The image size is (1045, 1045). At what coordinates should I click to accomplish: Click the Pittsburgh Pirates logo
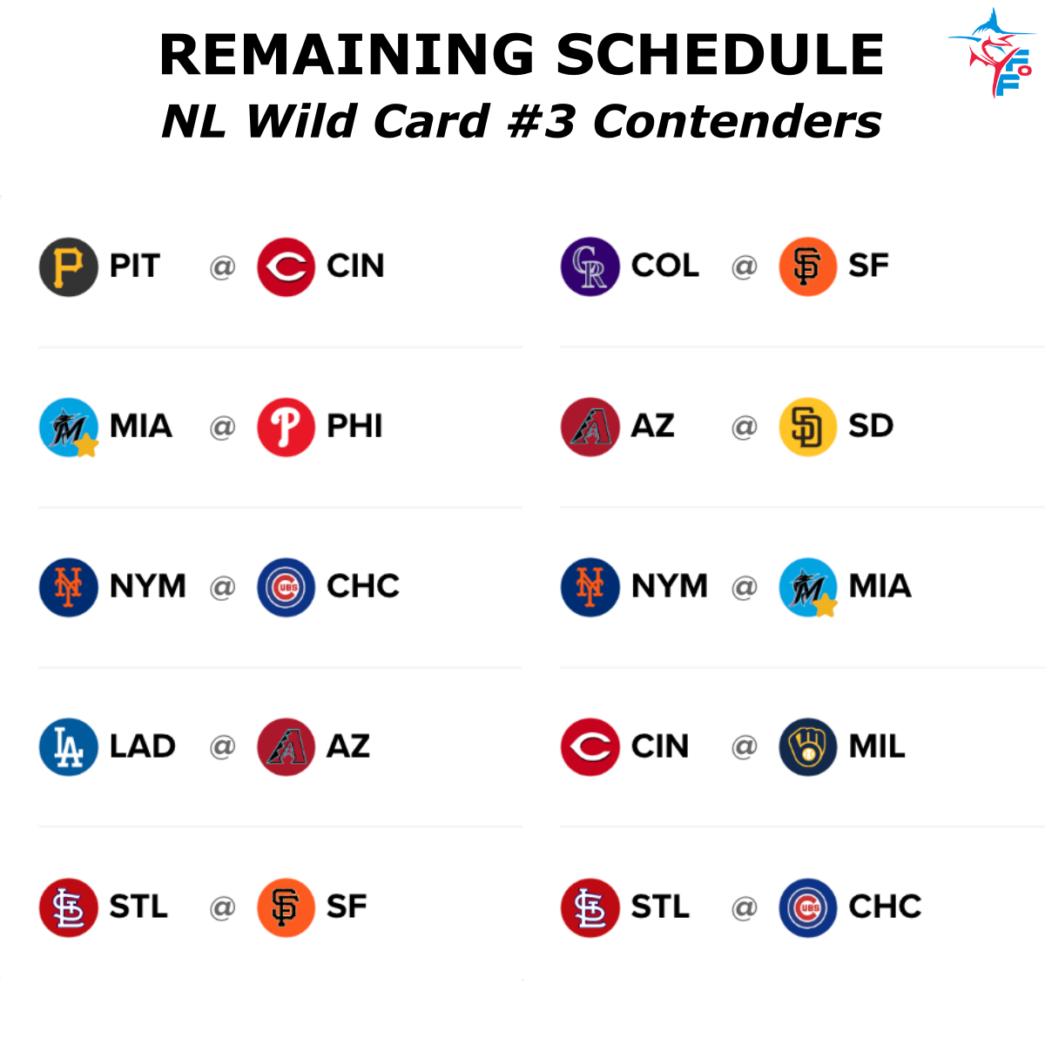point(68,266)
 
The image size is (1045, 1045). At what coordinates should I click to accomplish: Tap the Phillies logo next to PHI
point(286,427)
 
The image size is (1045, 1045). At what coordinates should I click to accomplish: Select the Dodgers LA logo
point(68,747)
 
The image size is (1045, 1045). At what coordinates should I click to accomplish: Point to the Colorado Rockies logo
point(590,266)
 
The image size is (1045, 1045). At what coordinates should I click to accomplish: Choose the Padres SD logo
point(807,427)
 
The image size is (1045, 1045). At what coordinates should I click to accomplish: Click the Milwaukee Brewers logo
point(807,747)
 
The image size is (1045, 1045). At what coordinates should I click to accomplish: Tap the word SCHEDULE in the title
point(719,54)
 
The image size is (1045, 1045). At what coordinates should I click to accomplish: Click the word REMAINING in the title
point(347,54)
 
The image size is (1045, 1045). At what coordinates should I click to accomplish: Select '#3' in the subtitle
point(540,121)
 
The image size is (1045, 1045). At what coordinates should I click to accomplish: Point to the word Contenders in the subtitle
point(737,121)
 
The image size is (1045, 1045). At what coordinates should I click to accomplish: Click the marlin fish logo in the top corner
point(993,52)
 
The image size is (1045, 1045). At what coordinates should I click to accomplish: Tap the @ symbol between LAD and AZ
point(223,747)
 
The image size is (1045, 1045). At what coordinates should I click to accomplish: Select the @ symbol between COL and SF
point(744,266)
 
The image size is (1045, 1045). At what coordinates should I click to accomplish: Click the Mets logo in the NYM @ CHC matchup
point(68,587)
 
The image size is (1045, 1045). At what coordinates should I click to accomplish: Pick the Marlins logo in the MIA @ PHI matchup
point(68,427)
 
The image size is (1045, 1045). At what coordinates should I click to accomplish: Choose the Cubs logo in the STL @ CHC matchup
point(807,907)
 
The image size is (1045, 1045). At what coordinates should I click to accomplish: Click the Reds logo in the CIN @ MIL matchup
point(590,747)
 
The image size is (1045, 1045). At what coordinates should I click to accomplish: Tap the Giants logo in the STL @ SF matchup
point(286,907)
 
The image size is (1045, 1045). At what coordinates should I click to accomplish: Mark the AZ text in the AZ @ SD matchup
point(652,427)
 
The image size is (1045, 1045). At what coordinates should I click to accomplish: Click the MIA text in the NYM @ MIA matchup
point(880,587)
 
